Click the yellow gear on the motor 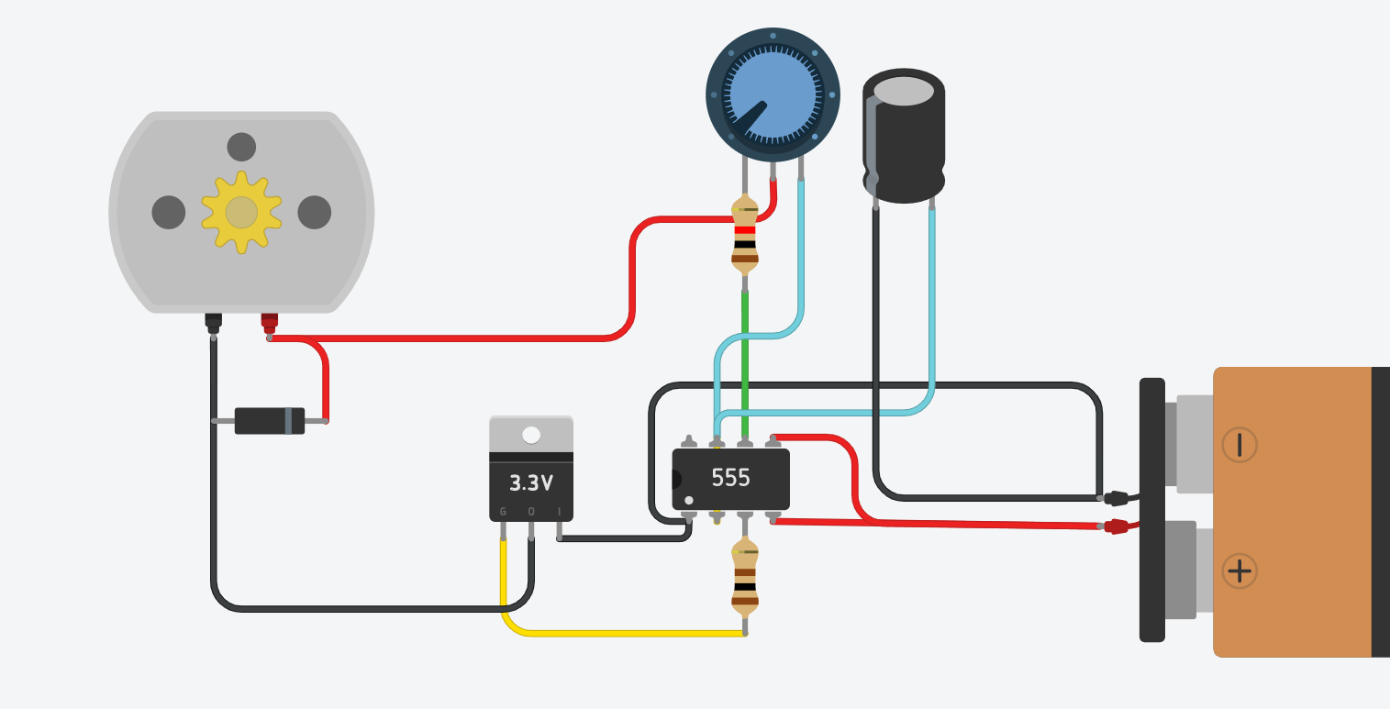241,212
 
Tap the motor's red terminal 269,321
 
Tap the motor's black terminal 213,321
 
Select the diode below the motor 270,421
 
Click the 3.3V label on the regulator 531,482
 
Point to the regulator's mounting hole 531,434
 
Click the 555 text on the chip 731,478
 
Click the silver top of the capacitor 904,91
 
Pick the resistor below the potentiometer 745,237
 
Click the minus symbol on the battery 1240,445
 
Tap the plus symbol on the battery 1240,571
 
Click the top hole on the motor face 241,147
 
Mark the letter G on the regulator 503,512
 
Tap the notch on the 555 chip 677,479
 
